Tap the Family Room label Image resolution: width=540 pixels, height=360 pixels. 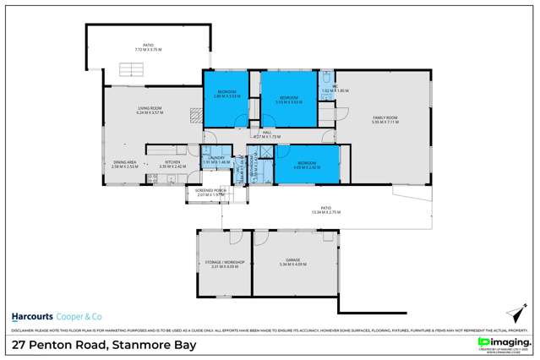[x=384, y=119]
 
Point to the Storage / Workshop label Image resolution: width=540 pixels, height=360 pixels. [x=224, y=263]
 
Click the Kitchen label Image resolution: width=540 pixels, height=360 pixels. [x=173, y=163]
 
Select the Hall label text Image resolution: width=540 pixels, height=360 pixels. [x=266, y=133]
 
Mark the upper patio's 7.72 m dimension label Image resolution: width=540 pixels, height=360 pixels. [x=150, y=49]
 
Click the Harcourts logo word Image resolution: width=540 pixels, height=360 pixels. [x=30, y=315]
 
